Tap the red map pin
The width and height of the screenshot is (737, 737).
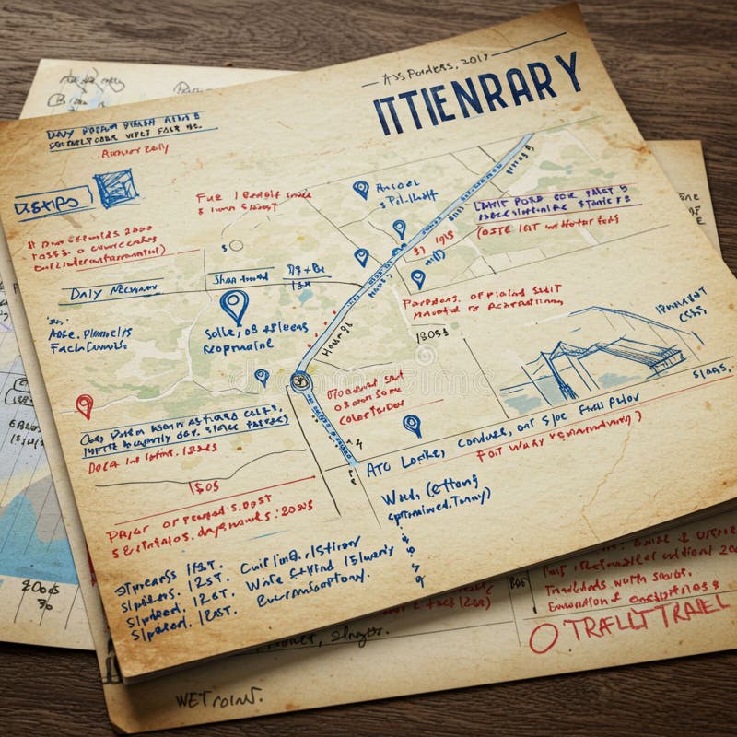[84, 404]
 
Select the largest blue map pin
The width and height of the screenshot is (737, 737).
[235, 305]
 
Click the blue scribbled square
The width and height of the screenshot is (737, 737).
[116, 187]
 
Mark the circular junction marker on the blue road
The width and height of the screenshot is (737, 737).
[299, 380]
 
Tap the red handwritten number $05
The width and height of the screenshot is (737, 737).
[204, 485]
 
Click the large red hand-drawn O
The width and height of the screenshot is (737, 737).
[543, 638]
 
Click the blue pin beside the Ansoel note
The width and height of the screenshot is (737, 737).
[361, 189]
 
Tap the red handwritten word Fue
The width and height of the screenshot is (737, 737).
[209, 196]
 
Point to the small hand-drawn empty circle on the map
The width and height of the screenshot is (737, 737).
[237, 246]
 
